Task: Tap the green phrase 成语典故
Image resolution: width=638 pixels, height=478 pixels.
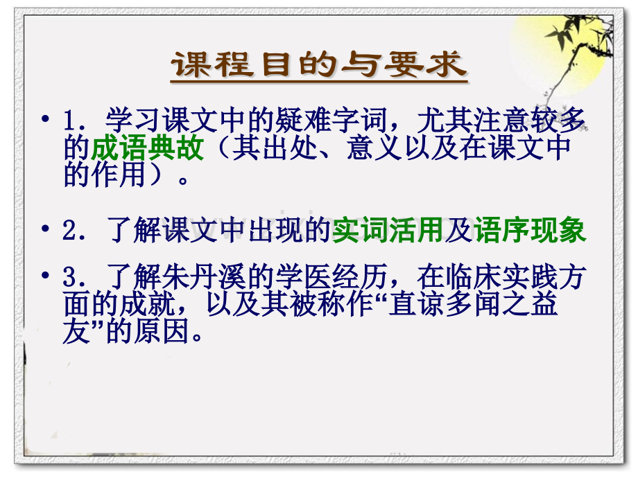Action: pos(147,148)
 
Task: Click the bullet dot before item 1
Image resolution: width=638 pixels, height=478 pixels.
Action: pos(46,119)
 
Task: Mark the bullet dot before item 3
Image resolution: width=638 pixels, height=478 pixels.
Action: pos(46,276)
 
